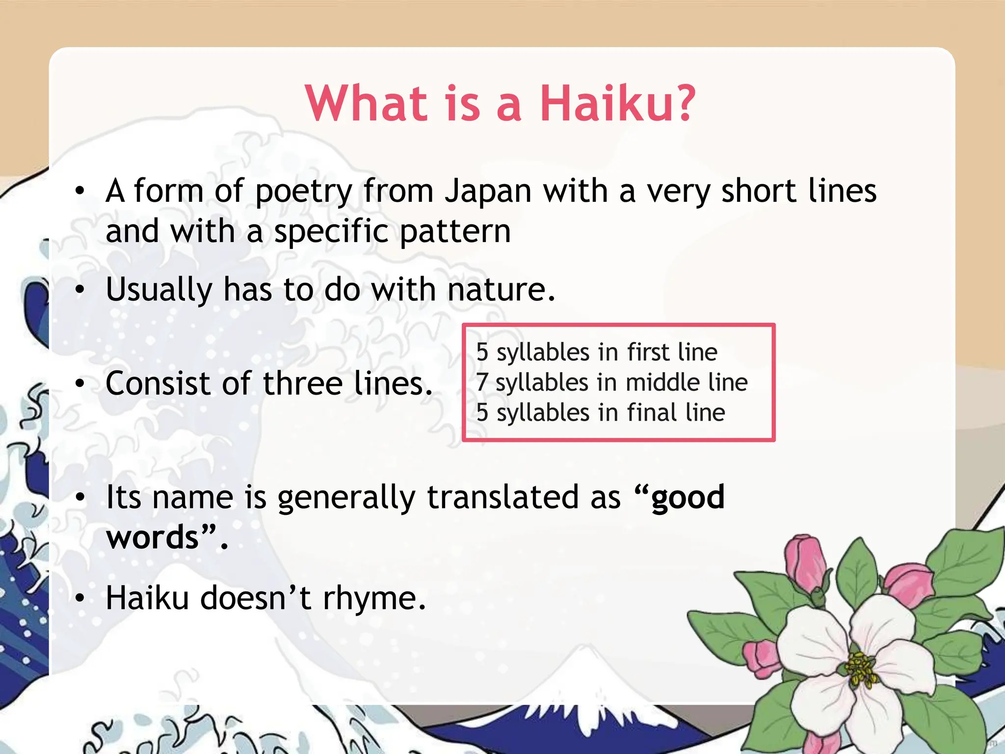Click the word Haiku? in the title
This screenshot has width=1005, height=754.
(617, 104)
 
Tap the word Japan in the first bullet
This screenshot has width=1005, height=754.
(488, 191)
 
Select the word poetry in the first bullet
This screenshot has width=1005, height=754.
(304, 192)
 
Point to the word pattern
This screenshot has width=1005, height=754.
(455, 232)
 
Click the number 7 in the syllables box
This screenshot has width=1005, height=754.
(482, 382)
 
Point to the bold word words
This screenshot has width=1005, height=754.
(153, 537)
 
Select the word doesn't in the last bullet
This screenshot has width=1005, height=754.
(255, 598)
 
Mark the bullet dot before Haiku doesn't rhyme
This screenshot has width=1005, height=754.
(80, 599)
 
